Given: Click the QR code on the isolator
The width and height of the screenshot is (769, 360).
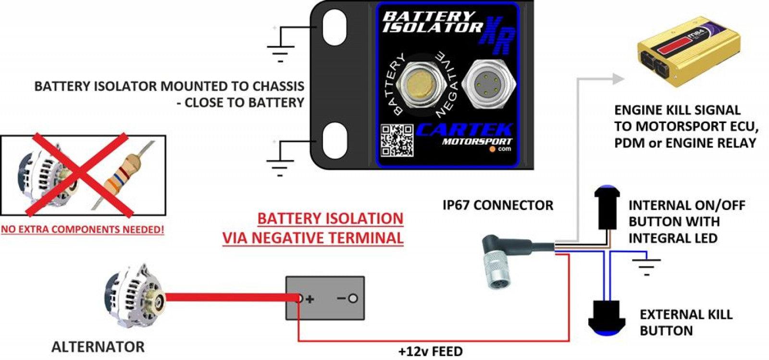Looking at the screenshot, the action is point(397,141).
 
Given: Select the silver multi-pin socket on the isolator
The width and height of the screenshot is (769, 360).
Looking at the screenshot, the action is point(489,83).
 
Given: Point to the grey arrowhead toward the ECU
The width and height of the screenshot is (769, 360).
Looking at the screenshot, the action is point(618,79).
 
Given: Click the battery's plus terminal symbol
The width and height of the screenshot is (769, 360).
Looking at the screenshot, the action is point(310,299).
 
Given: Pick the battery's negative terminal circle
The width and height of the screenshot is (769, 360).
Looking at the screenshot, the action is point(353,298).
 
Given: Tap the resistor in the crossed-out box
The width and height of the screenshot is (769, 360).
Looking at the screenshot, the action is point(122,174).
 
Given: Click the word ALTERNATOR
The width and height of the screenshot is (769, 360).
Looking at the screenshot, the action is point(98,347).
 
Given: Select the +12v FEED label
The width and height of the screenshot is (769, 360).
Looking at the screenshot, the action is point(431,351).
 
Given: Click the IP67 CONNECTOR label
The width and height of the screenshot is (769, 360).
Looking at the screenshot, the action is point(498,205).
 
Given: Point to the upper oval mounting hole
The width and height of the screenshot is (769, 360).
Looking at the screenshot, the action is point(335,27).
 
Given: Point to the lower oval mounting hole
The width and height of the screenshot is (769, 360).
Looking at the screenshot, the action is point(335,141).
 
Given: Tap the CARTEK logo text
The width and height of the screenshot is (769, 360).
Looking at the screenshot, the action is point(464,130).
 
